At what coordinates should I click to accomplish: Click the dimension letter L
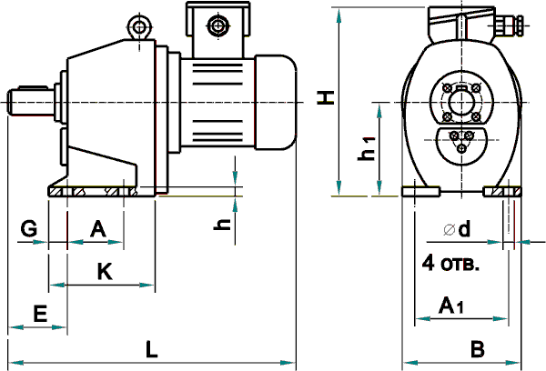152,348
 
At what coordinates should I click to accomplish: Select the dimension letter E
39,314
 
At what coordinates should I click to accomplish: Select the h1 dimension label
366,151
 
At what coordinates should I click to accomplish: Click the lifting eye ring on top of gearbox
138,28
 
